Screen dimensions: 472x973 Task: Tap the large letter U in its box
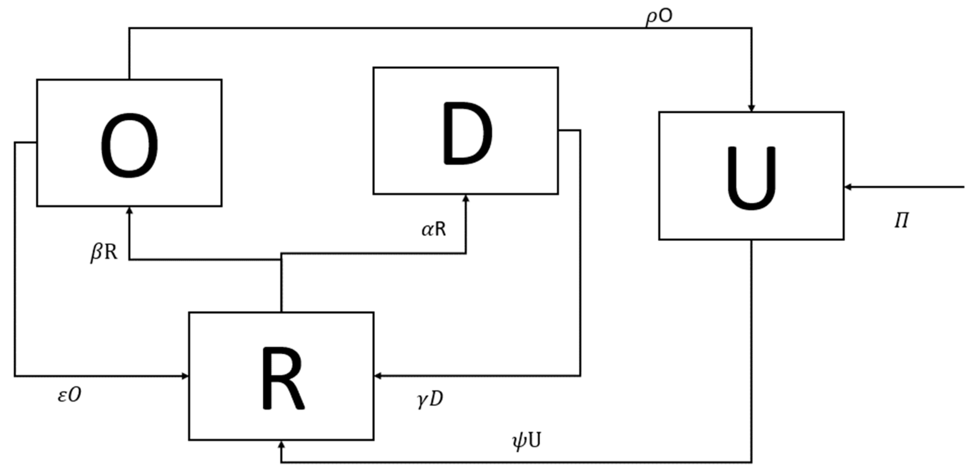pos(751,178)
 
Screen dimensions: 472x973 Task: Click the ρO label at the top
pos(658,18)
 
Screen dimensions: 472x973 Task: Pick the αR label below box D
pos(434,229)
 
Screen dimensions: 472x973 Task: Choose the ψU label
pos(526,441)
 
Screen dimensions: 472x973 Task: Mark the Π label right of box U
pos(901,220)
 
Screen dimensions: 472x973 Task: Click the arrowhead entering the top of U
pos(751,108)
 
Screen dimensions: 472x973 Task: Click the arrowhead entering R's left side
pos(185,376)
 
